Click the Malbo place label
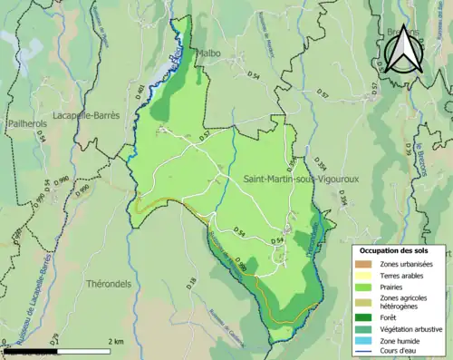[209, 54]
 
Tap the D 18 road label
[191, 284]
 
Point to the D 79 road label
[55, 340]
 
